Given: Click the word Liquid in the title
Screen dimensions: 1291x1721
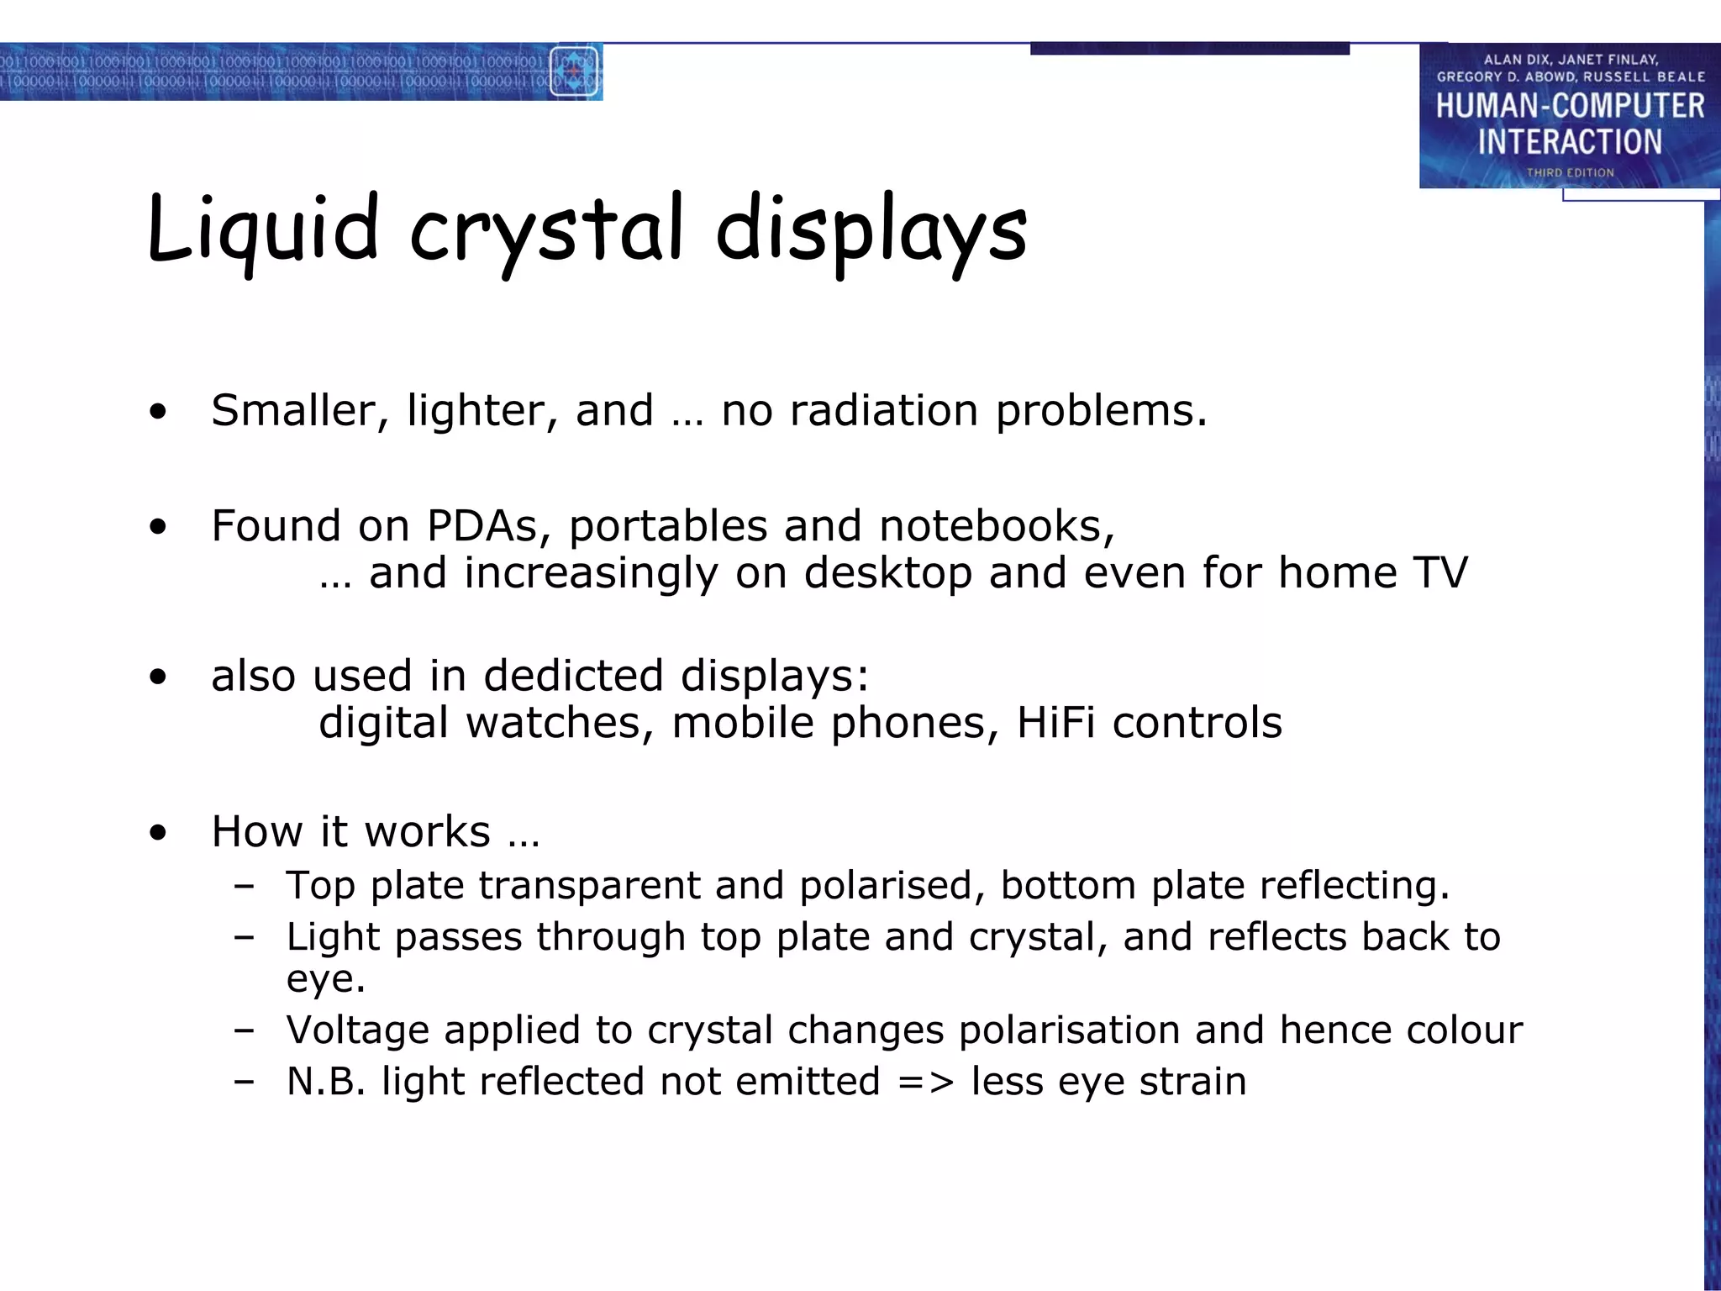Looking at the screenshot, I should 263,229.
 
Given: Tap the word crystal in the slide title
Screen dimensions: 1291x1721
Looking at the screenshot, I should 546,230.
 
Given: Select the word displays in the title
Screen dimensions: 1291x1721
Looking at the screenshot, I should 871,230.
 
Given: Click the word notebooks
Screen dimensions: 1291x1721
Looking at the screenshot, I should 997,526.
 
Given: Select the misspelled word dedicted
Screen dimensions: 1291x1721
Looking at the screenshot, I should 573,676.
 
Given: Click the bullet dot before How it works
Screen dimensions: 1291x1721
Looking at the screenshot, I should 158,833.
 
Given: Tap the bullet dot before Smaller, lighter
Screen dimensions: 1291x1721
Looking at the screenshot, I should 158,412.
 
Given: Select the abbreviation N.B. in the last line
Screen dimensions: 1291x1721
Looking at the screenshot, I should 326,1082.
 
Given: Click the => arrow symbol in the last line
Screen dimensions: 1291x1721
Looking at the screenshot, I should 925,1083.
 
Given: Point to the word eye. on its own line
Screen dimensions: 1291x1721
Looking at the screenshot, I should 326,980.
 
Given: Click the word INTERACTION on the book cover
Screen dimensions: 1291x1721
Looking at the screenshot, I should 1570,142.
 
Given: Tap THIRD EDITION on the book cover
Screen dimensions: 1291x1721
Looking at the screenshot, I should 1570,172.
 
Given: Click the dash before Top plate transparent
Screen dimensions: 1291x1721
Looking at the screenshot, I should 245,886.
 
